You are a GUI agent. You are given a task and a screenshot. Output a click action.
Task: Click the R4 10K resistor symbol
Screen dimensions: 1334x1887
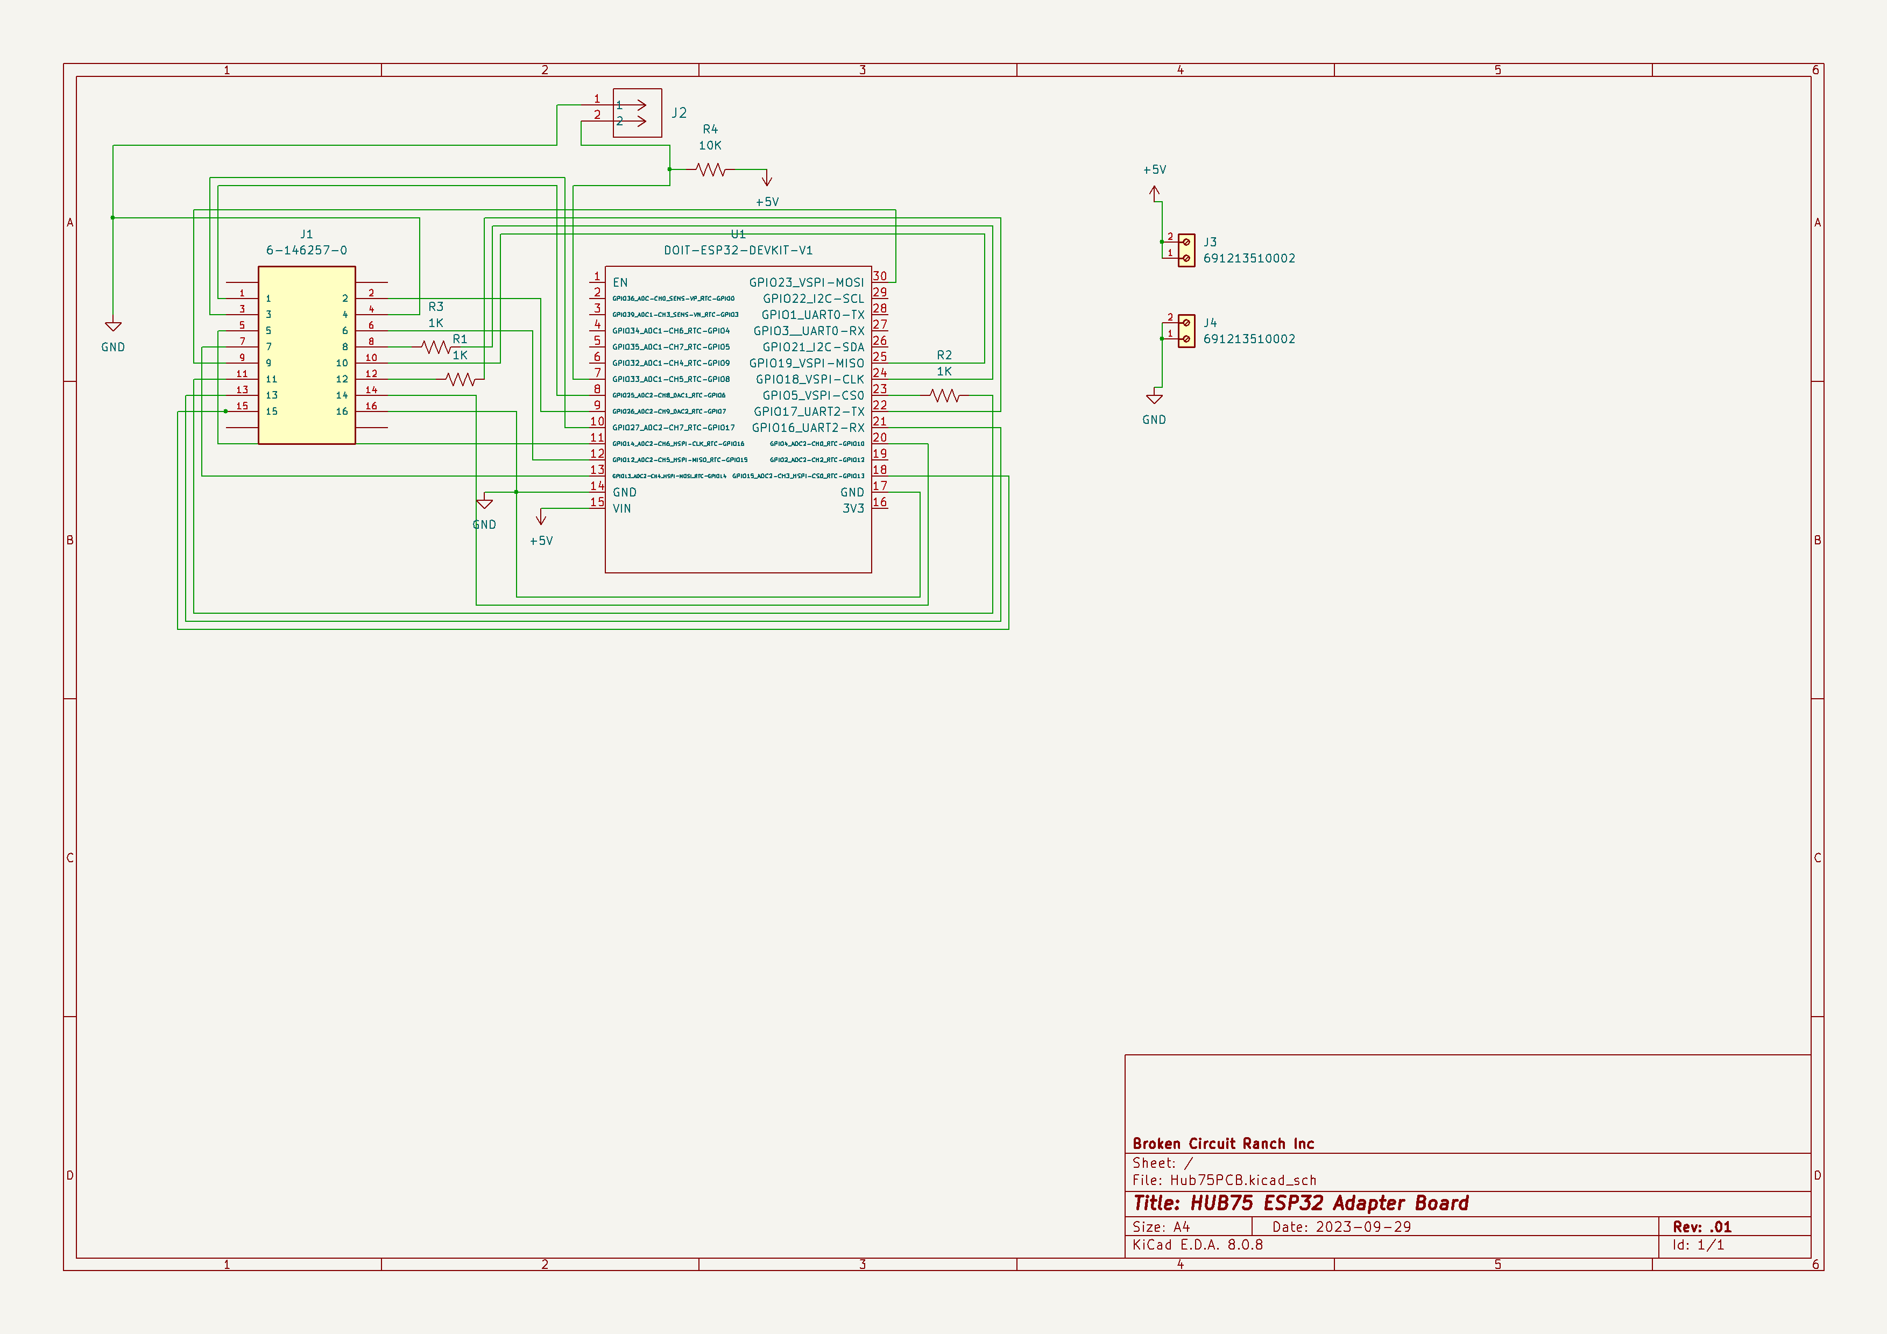click(710, 170)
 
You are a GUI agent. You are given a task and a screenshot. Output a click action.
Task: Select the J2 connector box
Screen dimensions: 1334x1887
click(637, 112)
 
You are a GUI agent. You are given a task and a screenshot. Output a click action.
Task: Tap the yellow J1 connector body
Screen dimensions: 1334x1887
click(307, 355)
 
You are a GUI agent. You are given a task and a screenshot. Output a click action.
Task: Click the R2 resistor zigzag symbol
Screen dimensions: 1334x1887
click(945, 396)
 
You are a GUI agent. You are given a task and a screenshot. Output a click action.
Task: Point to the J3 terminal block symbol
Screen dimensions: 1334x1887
click(1186, 250)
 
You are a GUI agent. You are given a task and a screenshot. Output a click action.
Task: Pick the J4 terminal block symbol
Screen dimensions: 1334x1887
click(1186, 330)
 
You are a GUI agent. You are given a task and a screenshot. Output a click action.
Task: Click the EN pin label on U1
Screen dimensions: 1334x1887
click(620, 282)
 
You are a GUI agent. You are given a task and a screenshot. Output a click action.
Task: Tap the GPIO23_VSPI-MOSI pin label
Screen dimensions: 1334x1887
click(805, 282)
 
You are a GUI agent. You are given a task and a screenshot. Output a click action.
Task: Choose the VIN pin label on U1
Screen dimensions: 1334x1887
click(621, 508)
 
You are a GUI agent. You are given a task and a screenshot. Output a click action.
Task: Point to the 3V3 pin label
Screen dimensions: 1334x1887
click(852, 508)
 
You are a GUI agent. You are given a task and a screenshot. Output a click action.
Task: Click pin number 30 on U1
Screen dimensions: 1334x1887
click(879, 276)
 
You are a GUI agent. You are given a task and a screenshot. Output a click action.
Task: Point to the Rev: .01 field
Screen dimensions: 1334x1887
click(1701, 1226)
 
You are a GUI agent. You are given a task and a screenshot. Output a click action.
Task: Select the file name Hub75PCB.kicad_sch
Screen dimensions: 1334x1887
click(1242, 1180)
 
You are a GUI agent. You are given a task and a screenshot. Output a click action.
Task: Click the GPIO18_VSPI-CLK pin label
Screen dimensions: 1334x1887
click(810, 380)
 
